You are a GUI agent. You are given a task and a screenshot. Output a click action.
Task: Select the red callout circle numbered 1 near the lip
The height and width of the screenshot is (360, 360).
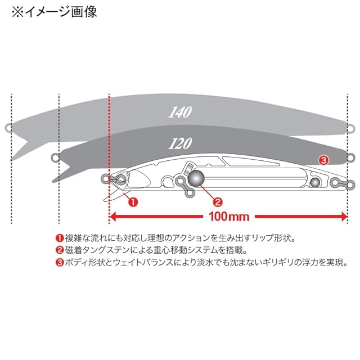132,200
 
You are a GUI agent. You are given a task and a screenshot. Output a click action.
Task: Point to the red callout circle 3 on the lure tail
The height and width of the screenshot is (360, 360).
323,160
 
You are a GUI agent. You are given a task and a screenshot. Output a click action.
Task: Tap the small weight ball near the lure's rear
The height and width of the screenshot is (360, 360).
314,182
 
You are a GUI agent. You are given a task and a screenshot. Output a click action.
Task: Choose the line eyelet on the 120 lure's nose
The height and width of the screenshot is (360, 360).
55,157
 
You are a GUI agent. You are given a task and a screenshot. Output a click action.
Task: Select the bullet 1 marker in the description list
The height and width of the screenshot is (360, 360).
59,238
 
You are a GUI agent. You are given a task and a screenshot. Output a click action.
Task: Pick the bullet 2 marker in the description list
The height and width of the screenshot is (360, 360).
59,250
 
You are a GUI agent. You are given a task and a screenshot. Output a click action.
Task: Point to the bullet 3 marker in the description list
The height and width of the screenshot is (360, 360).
59,262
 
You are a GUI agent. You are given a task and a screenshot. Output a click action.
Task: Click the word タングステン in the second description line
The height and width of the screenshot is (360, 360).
107,250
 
